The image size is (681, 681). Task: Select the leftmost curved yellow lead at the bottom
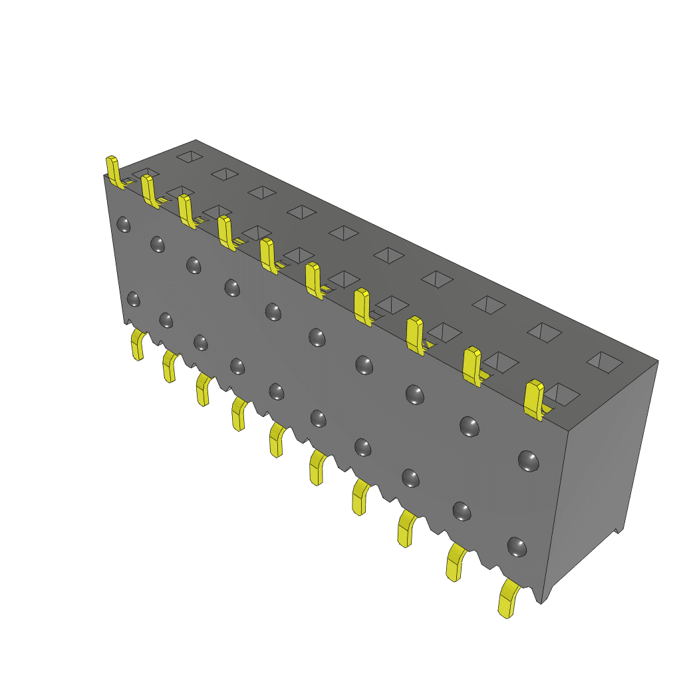(x=138, y=344)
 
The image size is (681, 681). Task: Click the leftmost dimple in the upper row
(x=124, y=225)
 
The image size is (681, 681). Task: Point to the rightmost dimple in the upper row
(x=528, y=460)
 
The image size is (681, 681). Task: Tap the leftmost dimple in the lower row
(x=134, y=299)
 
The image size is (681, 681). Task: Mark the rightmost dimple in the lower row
(x=517, y=547)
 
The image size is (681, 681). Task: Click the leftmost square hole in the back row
(x=190, y=157)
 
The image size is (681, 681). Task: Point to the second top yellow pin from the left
(x=149, y=190)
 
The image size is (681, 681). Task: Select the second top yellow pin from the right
(x=472, y=365)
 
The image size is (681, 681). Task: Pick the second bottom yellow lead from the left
(x=170, y=366)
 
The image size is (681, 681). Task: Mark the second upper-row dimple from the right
(x=469, y=426)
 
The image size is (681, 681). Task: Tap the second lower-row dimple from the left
(x=166, y=320)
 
